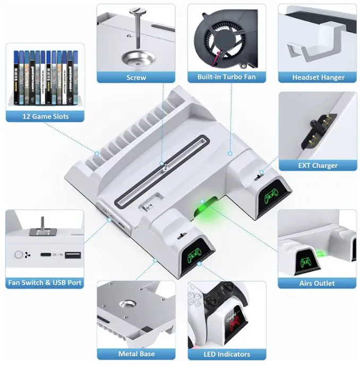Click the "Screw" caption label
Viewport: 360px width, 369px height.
pyautogui.click(x=136, y=78)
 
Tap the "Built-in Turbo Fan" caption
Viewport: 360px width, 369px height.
pyautogui.click(x=226, y=78)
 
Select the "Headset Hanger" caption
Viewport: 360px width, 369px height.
pyautogui.click(x=318, y=78)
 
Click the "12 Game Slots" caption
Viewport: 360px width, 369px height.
pyautogui.click(x=45, y=116)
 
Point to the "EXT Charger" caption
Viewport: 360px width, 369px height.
pyautogui.click(x=318, y=165)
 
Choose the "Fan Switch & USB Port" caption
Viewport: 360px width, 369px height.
pyautogui.click(x=45, y=283)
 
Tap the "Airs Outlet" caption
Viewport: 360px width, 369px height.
pyautogui.click(x=317, y=283)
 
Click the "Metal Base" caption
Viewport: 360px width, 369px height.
pyautogui.click(x=136, y=354)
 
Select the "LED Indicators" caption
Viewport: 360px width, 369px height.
pyautogui.click(x=227, y=354)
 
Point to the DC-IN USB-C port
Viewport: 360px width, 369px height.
pyautogui.click(x=48, y=255)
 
